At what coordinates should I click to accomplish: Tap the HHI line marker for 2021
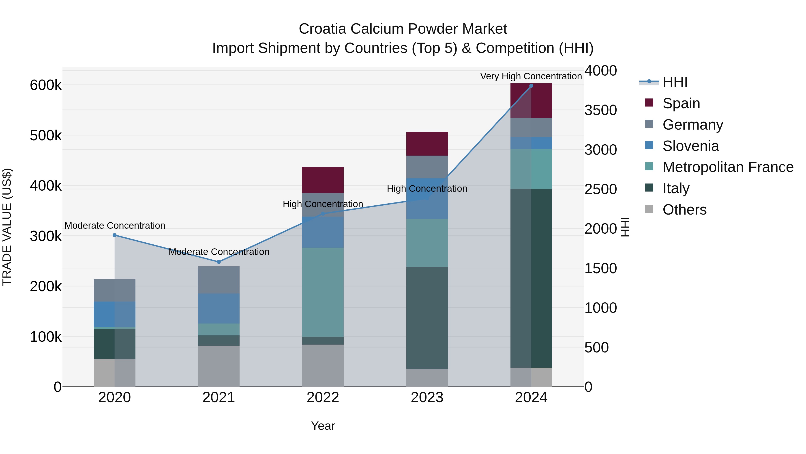(219, 262)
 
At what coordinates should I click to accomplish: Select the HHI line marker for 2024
(531, 86)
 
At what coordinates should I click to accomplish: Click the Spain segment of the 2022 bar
(323, 180)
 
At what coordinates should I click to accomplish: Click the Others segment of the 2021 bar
(219, 366)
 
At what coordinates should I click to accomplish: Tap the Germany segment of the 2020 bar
(114, 290)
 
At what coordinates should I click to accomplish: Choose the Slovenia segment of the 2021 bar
(219, 308)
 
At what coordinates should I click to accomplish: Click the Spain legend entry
(681, 103)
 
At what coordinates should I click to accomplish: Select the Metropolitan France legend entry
(728, 167)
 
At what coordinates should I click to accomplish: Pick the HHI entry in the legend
(675, 82)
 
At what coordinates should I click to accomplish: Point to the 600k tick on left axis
(46, 85)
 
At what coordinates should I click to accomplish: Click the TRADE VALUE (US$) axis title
(7, 227)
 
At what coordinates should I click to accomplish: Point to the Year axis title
(323, 426)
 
